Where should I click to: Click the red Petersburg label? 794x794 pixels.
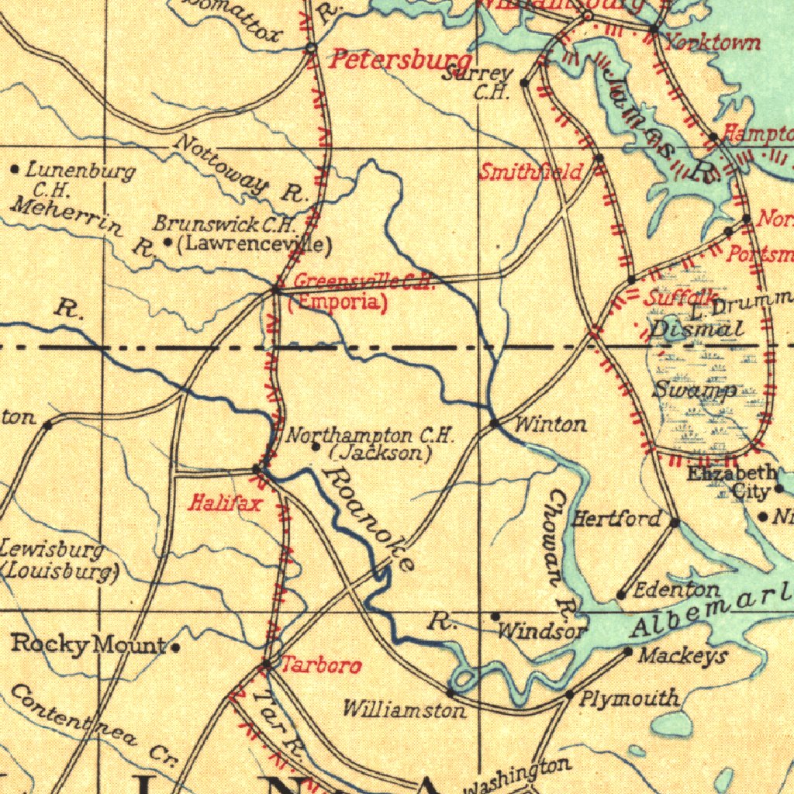point(401,60)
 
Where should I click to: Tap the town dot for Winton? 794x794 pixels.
point(495,423)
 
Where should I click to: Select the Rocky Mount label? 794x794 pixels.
point(88,644)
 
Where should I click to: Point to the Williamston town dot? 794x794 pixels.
point(450,691)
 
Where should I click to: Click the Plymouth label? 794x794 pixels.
point(630,698)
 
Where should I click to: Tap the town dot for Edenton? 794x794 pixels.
point(621,595)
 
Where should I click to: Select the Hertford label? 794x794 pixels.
point(617,519)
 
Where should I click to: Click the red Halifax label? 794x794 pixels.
point(226,503)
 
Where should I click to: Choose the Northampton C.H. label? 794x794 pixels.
point(371,437)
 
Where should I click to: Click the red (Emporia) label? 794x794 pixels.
point(337,302)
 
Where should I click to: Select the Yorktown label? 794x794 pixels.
point(713,42)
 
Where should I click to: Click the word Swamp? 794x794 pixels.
point(694,389)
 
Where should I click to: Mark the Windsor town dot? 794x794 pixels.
point(495,616)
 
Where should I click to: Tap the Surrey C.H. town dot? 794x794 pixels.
point(524,82)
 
